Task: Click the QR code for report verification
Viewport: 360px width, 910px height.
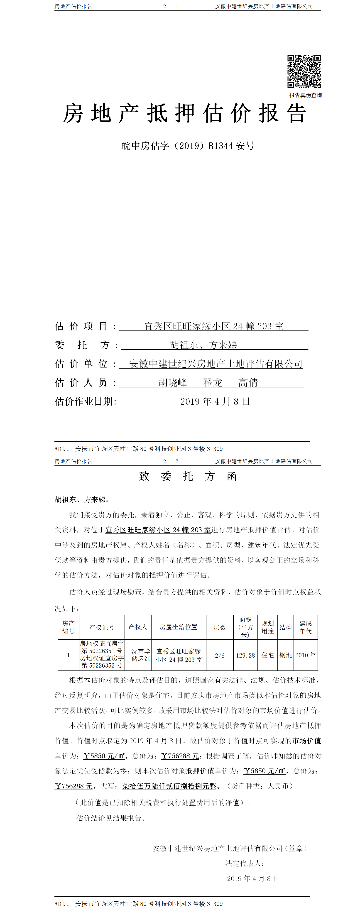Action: [304, 71]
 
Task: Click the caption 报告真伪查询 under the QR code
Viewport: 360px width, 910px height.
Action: [305, 95]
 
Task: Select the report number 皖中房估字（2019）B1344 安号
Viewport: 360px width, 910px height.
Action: [188, 146]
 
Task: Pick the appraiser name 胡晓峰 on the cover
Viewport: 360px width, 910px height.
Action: [173, 383]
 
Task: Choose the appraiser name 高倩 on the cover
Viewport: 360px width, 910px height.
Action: [248, 383]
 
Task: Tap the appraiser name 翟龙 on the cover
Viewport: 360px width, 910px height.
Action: [213, 383]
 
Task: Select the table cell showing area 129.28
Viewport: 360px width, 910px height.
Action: [245, 655]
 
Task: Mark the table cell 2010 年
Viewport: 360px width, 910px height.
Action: [306, 655]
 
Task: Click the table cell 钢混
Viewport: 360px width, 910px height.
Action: [285, 655]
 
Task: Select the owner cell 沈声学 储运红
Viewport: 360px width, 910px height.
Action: [141, 655]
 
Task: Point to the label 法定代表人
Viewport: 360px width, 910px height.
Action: [245, 863]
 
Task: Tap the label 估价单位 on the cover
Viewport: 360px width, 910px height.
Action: [81, 364]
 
